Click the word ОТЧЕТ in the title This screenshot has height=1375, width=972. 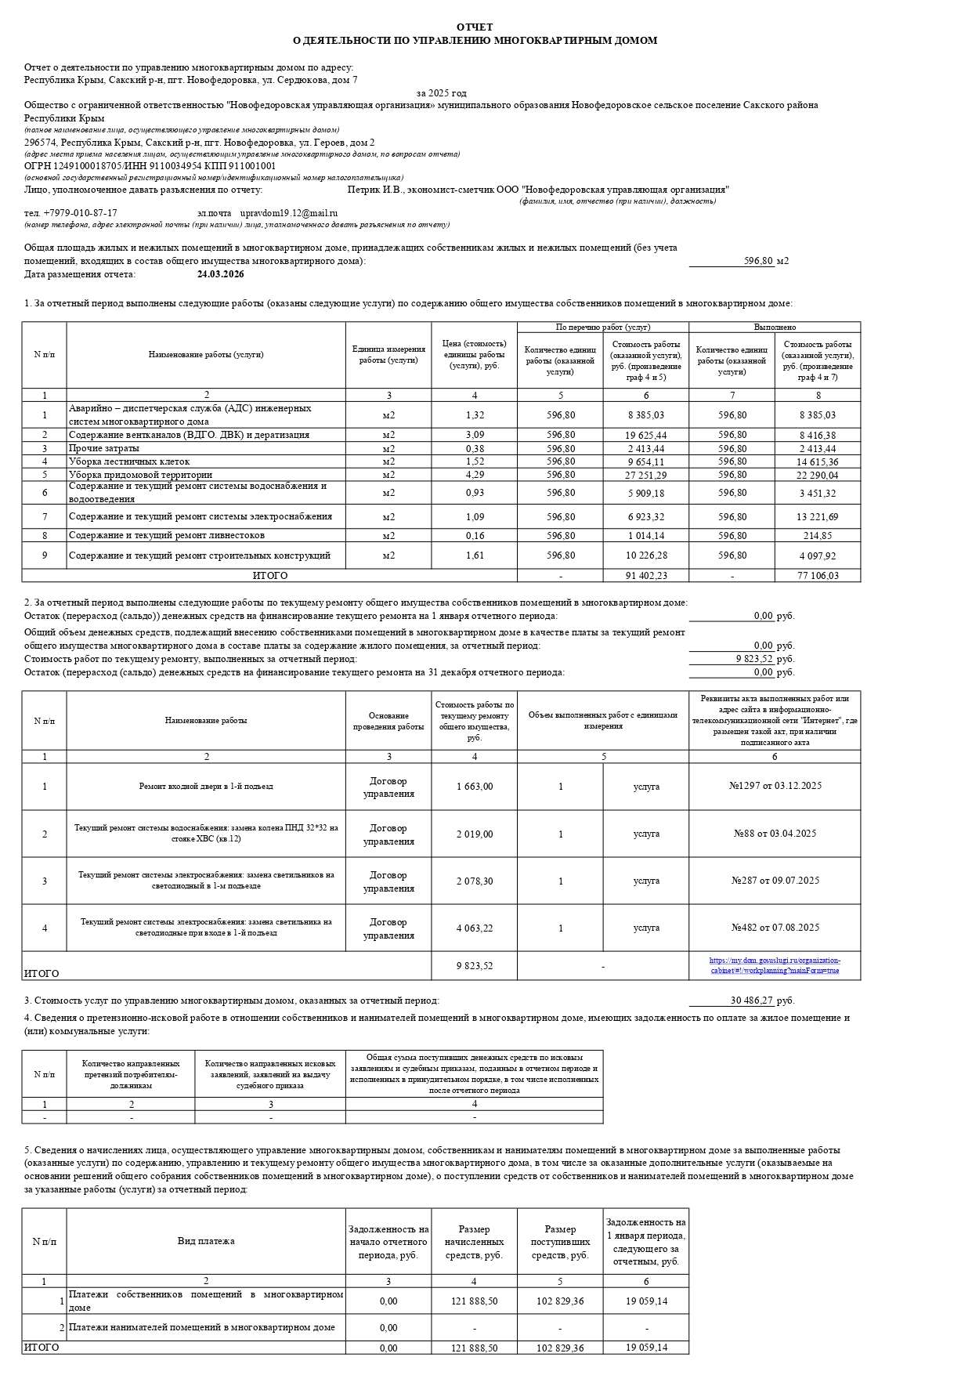click(x=475, y=27)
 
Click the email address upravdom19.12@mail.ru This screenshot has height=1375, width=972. click(x=288, y=213)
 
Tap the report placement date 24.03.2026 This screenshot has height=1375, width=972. click(x=220, y=274)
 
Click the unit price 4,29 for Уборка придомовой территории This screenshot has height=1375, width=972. click(x=474, y=475)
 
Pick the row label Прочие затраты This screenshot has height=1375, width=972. click(x=104, y=449)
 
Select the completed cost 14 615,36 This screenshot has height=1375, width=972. click(x=818, y=462)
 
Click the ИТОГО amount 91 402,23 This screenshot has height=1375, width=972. click(x=645, y=576)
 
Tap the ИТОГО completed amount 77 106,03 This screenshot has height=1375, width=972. click(x=818, y=576)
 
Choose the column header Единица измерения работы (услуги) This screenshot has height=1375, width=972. click(x=388, y=355)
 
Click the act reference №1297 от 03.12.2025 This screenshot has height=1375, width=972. click(x=775, y=786)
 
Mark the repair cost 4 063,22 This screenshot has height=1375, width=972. click(x=474, y=928)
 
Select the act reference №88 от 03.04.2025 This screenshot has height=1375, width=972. click(x=775, y=834)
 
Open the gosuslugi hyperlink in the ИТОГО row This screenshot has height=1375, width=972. click(x=775, y=965)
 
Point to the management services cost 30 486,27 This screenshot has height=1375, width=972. click(x=751, y=1000)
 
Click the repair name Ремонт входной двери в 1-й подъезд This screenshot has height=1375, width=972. click(x=206, y=786)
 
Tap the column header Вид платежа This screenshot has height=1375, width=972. click(x=206, y=1241)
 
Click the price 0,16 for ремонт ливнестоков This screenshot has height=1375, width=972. click(x=474, y=536)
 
